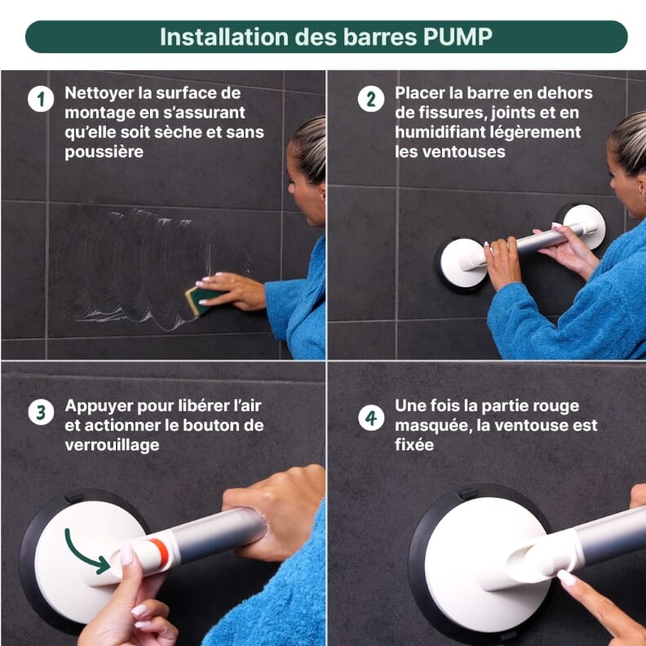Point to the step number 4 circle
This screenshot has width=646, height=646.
(370, 418)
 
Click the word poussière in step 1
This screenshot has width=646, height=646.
(104, 152)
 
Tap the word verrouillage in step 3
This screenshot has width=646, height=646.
(112, 445)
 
